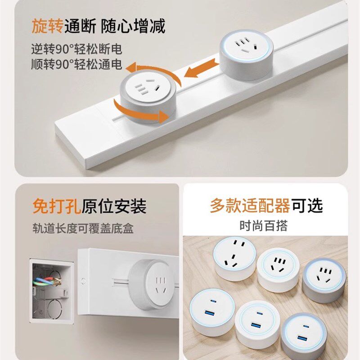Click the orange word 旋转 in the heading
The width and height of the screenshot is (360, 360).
pos(47,26)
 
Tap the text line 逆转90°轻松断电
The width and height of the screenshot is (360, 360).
pos(76,49)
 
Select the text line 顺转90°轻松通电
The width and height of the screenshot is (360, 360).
pos(76,64)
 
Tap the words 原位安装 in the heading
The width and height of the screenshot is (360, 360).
pos(114,207)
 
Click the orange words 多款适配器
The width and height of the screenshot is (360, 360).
pos(250,206)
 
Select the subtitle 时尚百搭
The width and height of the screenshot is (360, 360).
pos(263,225)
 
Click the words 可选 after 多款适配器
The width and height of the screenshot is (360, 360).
pos(307,206)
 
